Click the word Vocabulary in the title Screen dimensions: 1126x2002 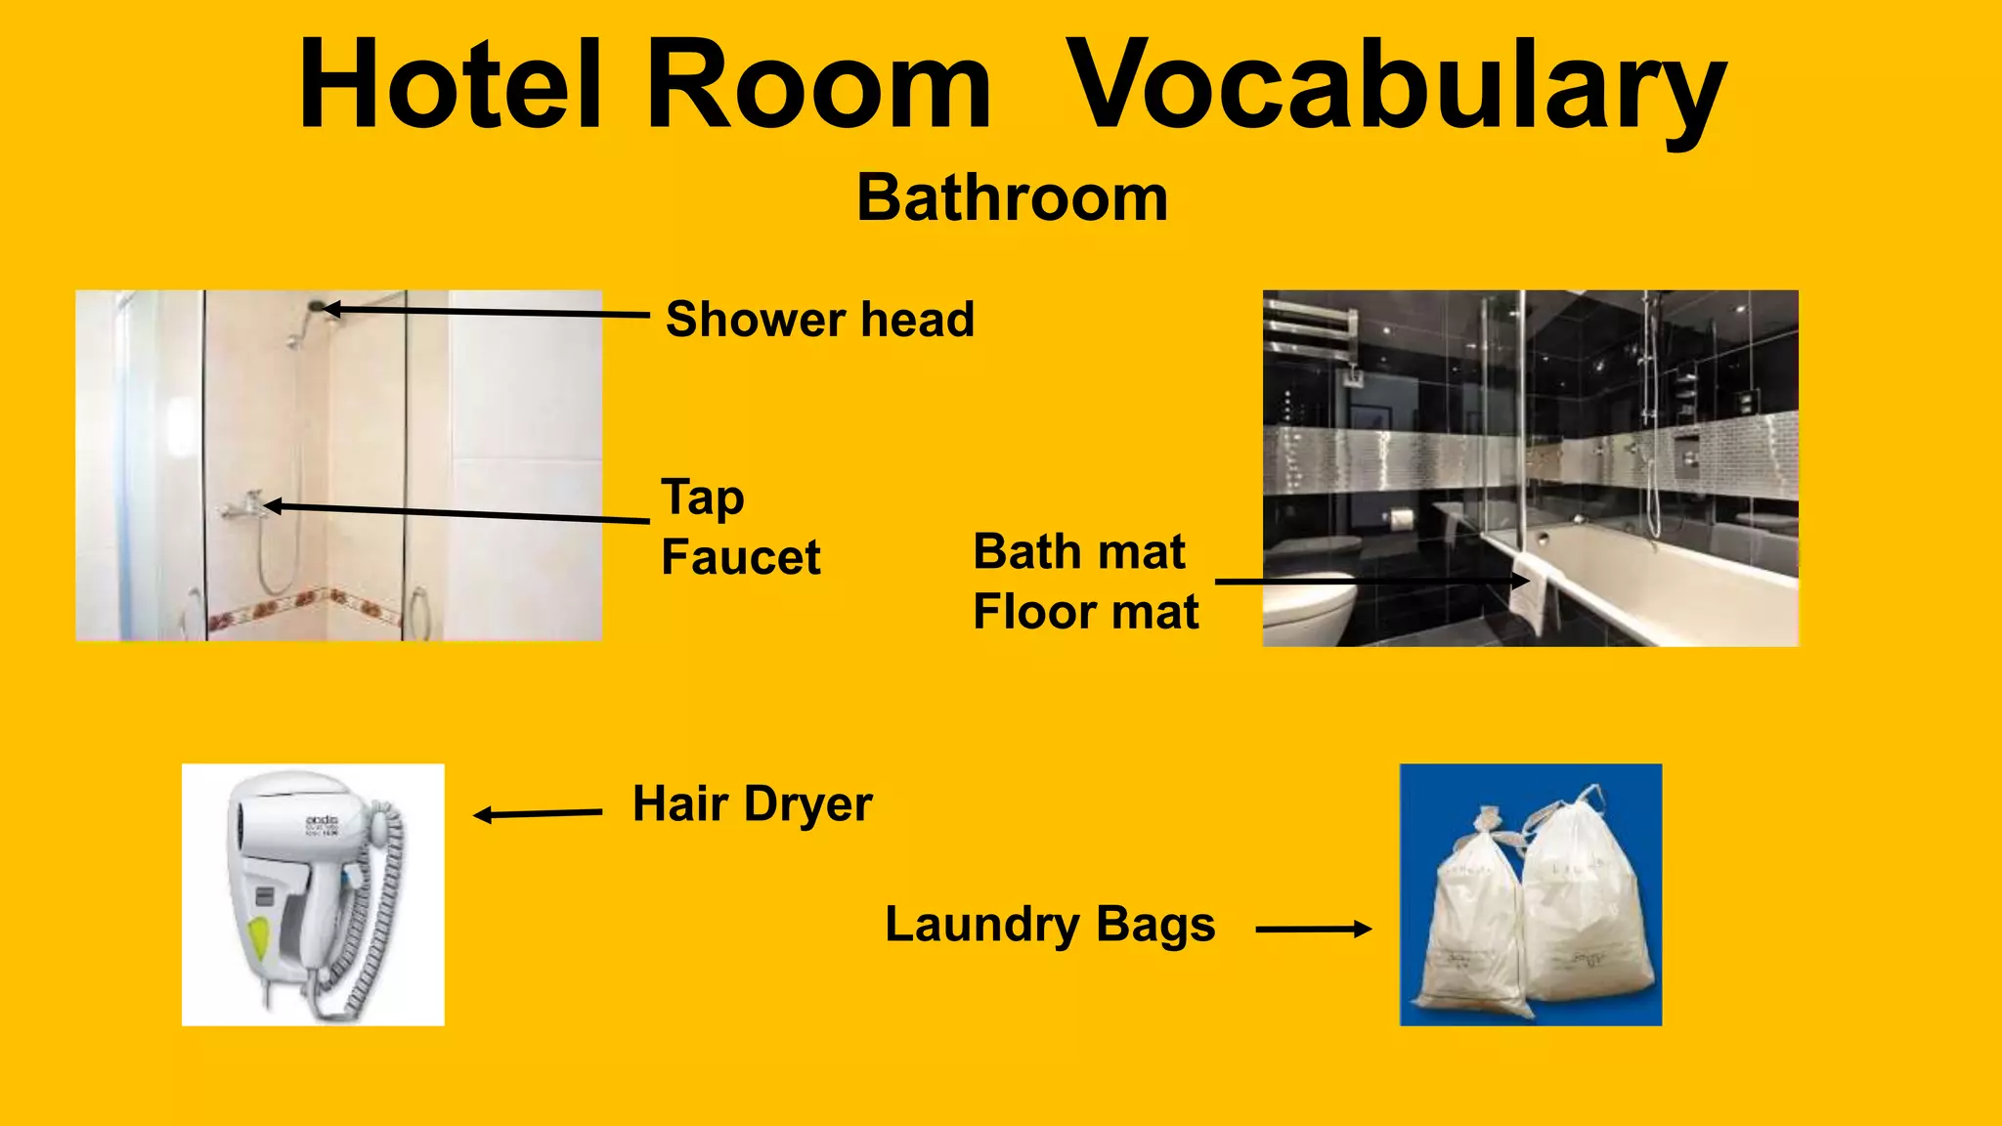pos(1396,86)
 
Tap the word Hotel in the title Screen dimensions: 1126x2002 pos(450,86)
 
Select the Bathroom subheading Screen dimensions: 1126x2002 pos(1012,198)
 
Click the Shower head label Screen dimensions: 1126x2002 pos(820,320)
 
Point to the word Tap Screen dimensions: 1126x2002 pos(703,498)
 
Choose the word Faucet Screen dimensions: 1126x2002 pos(741,557)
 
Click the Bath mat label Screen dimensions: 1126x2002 pos(1079,552)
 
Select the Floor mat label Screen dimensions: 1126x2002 pos(1085,613)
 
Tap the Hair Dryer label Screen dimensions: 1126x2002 pos(752,804)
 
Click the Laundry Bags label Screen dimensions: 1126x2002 pos(1050,925)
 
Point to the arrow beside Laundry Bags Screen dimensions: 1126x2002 pos(1313,930)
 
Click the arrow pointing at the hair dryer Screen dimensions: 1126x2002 pos(537,813)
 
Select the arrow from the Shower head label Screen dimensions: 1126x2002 pos(486,312)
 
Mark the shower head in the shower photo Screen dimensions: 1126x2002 pos(316,306)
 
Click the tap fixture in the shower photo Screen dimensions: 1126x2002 pos(243,505)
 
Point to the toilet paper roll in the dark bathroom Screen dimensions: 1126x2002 pos(1403,518)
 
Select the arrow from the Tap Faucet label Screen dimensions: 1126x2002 pos(457,512)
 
